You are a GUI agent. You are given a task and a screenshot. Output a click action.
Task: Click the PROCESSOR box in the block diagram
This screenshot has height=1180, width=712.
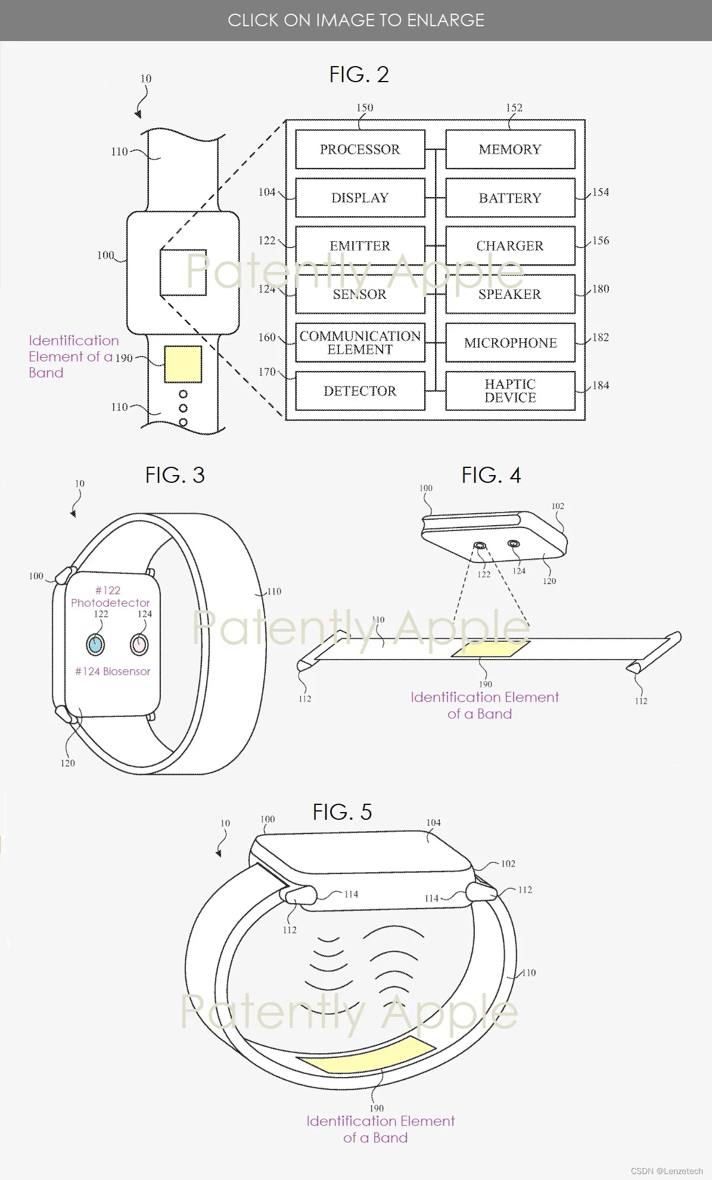click(360, 149)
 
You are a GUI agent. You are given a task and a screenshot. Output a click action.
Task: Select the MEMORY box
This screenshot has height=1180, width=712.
click(510, 149)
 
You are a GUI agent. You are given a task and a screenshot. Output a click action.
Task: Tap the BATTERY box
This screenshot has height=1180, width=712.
click(510, 198)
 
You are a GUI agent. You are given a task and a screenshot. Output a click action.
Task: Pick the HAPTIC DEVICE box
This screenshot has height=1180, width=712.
click(510, 391)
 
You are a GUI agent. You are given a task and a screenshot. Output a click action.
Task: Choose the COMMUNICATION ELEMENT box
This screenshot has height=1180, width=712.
click(360, 342)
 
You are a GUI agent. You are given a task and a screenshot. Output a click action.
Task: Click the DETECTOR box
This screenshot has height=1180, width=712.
click(360, 391)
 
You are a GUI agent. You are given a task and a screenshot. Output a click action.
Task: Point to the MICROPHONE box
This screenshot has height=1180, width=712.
click(510, 342)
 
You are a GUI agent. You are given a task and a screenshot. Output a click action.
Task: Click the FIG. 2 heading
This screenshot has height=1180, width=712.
click(359, 74)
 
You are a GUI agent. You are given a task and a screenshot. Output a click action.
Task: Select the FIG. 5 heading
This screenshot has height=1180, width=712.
click(342, 812)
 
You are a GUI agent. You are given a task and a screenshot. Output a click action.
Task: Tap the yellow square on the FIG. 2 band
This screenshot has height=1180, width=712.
click(182, 364)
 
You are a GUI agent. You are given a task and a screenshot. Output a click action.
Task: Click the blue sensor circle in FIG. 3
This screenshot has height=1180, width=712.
click(95, 644)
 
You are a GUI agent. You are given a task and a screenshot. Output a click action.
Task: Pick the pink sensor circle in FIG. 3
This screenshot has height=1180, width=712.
click(139, 644)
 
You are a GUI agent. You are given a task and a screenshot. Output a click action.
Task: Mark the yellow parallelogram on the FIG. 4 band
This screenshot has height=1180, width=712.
click(490, 649)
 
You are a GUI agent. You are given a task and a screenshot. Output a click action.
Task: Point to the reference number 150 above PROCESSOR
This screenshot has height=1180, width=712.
click(365, 108)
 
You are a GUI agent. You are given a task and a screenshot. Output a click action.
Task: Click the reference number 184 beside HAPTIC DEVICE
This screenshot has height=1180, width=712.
click(601, 385)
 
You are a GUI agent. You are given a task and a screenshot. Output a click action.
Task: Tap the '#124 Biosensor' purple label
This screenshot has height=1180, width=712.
click(113, 671)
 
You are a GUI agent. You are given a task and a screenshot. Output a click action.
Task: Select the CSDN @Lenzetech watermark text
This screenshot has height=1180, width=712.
click(667, 1170)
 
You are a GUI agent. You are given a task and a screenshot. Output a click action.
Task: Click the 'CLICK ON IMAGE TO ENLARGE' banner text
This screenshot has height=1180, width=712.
click(356, 20)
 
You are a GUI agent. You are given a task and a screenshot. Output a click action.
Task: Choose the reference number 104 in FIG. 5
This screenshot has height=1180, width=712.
click(433, 823)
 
